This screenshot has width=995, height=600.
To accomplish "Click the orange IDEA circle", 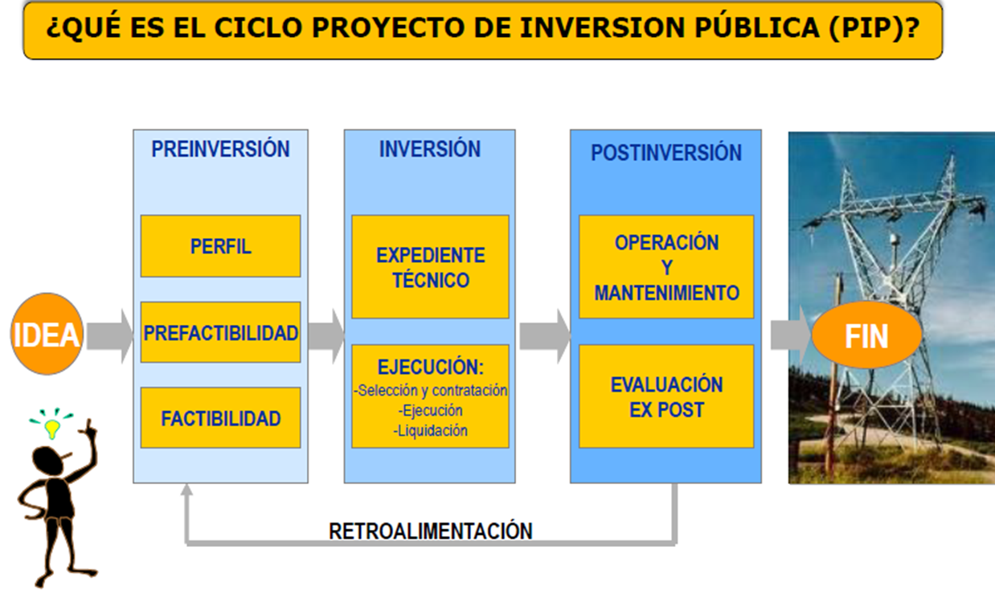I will [x=47, y=334].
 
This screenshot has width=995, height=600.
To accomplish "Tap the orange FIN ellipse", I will [x=866, y=335].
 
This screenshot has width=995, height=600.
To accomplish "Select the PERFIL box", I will [x=220, y=246].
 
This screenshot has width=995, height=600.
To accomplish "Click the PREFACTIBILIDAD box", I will [x=220, y=332].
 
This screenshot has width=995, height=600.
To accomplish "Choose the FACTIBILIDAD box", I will [x=220, y=418].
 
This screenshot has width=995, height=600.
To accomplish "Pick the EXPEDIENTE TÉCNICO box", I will [x=430, y=267].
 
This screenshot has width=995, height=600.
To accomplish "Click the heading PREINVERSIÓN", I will [x=220, y=150].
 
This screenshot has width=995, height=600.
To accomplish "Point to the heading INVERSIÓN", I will [x=429, y=150].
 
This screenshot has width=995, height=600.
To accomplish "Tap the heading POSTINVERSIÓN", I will [x=665, y=153].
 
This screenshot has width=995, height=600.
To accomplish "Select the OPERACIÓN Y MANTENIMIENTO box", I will [x=665, y=267].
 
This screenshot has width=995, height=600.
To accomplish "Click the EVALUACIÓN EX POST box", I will [x=665, y=397].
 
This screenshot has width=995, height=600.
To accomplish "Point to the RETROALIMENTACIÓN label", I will [x=430, y=531].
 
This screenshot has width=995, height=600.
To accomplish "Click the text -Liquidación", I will [x=430, y=430].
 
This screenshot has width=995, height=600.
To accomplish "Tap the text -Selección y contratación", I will [x=430, y=391].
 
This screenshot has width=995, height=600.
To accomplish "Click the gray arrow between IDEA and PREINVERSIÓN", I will [x=109, y=335].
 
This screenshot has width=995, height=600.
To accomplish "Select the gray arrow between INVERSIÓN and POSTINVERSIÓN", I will [x=543, y=335].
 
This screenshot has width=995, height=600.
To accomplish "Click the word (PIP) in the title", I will [x=866, y=29].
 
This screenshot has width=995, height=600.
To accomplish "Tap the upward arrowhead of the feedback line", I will [x=186, y=490].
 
